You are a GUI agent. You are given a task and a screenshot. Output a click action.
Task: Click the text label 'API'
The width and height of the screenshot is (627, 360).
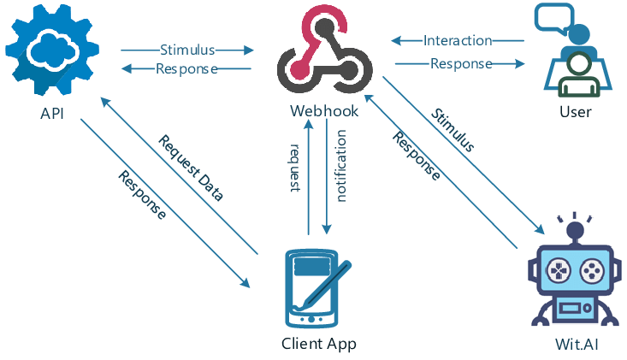pos(51,113)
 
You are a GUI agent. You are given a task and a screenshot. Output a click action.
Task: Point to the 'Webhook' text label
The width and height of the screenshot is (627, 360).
pos(323,111)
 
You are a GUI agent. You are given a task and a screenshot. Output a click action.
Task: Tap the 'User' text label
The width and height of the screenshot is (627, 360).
pos(575,112)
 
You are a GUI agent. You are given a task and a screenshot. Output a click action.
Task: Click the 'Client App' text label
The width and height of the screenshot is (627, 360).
pos(318,344)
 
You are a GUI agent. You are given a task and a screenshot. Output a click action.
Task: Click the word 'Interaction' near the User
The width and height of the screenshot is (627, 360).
pos(458,40)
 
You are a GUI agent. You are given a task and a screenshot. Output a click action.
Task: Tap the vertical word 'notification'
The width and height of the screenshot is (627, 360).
pos(341,166)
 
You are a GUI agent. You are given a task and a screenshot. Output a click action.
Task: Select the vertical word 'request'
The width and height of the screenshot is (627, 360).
pos(295,168)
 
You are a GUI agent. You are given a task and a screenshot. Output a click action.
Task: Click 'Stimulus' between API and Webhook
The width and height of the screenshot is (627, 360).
pos(186,50)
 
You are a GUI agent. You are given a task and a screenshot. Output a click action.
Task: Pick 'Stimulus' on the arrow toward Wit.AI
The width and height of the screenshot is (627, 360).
pos(453,130)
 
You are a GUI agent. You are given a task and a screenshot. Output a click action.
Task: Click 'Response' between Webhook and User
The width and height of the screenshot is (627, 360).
pos(460,63)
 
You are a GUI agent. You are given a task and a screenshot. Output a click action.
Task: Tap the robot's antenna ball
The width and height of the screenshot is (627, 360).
pos(574,228)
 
